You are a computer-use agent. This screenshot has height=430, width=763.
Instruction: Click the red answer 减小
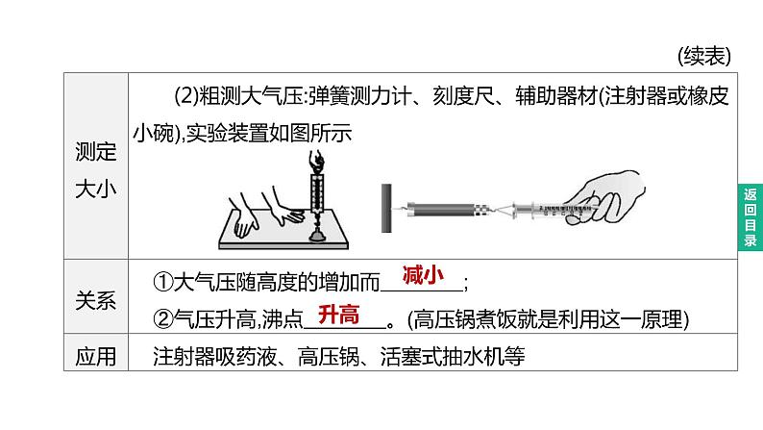pos(421,275)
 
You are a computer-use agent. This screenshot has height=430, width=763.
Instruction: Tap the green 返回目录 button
pos(751,217)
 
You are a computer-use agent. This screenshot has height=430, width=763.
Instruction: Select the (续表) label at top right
pos(702,55)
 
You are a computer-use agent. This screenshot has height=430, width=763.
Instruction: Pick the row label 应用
pos(95,357)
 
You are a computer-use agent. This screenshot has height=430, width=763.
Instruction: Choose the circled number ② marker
pos(162,318)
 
